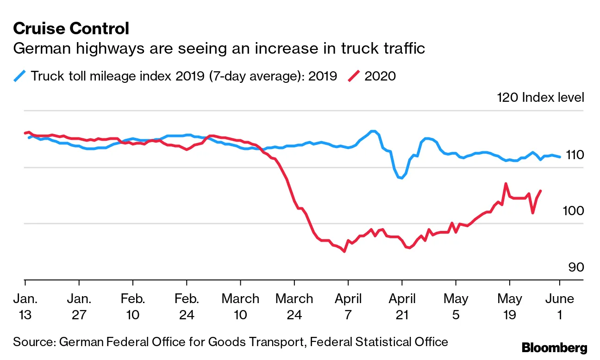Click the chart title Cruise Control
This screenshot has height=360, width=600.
(x=71, y=29)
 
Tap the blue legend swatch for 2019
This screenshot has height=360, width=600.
(x=20, y=75)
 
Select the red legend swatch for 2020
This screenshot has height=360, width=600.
(x=354, y=75)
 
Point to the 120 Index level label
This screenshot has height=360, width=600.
(x=540, y=98)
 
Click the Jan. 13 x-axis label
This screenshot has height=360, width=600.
(x=25, y=307)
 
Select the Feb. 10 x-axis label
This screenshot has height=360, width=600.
(x=133, y=307)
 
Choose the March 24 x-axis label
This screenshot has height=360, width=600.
(x=294, y=307)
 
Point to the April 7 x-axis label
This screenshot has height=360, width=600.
(x=348, y=307)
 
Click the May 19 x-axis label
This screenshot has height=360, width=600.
(x=509, y=307)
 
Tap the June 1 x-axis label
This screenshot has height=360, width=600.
(x=560, y=307)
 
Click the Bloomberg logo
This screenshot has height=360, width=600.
(x=554, y=348)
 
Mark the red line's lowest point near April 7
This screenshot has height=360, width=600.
(x=344, y=251)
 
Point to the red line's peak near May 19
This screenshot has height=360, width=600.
(x=506, y=184)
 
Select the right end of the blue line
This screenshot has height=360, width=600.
(x=560, y=157)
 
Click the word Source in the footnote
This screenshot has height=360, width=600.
(x=33, y=342)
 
